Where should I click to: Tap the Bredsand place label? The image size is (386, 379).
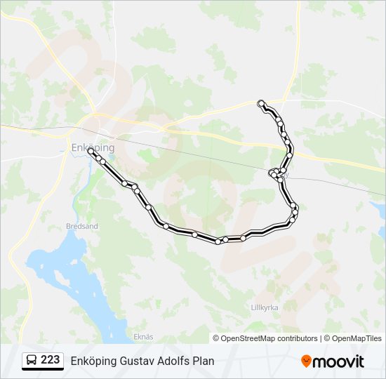81,227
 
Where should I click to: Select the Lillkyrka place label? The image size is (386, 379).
265,307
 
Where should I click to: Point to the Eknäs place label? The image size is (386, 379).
143,337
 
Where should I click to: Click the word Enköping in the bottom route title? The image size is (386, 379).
93,361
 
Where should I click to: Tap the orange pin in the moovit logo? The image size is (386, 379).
306,361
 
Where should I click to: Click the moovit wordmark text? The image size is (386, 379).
338,361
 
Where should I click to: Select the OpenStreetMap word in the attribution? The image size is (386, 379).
248,338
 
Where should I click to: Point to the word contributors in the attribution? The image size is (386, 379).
298,338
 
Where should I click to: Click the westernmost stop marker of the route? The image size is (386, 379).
91,150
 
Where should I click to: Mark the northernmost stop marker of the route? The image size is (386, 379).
261,103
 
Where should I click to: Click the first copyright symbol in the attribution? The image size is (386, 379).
216,338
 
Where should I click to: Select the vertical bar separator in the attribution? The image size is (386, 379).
321,338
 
